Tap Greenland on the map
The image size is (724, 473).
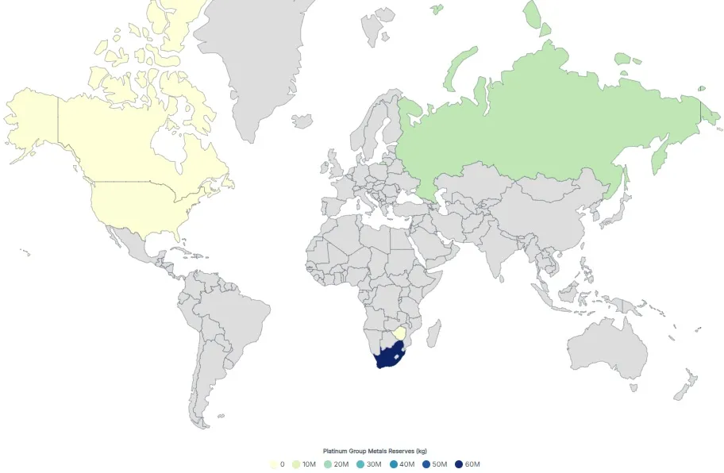coord(246,63)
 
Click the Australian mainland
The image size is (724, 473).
coord(607,349)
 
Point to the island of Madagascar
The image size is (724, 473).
coord(434,333)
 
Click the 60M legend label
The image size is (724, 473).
coord(473,464)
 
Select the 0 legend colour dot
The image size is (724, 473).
coord(274,464)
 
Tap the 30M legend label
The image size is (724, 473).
coord(375,464)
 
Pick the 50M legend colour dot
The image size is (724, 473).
coord(427,464)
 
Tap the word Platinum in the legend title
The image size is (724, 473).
coord(333,452)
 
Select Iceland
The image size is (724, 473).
coord(302,121)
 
